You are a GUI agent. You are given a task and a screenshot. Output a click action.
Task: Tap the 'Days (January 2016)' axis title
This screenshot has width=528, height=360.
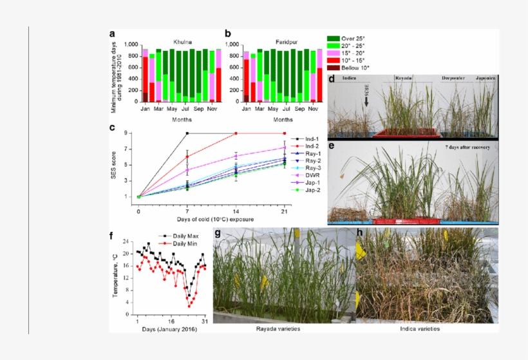click(x=169, y=329)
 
